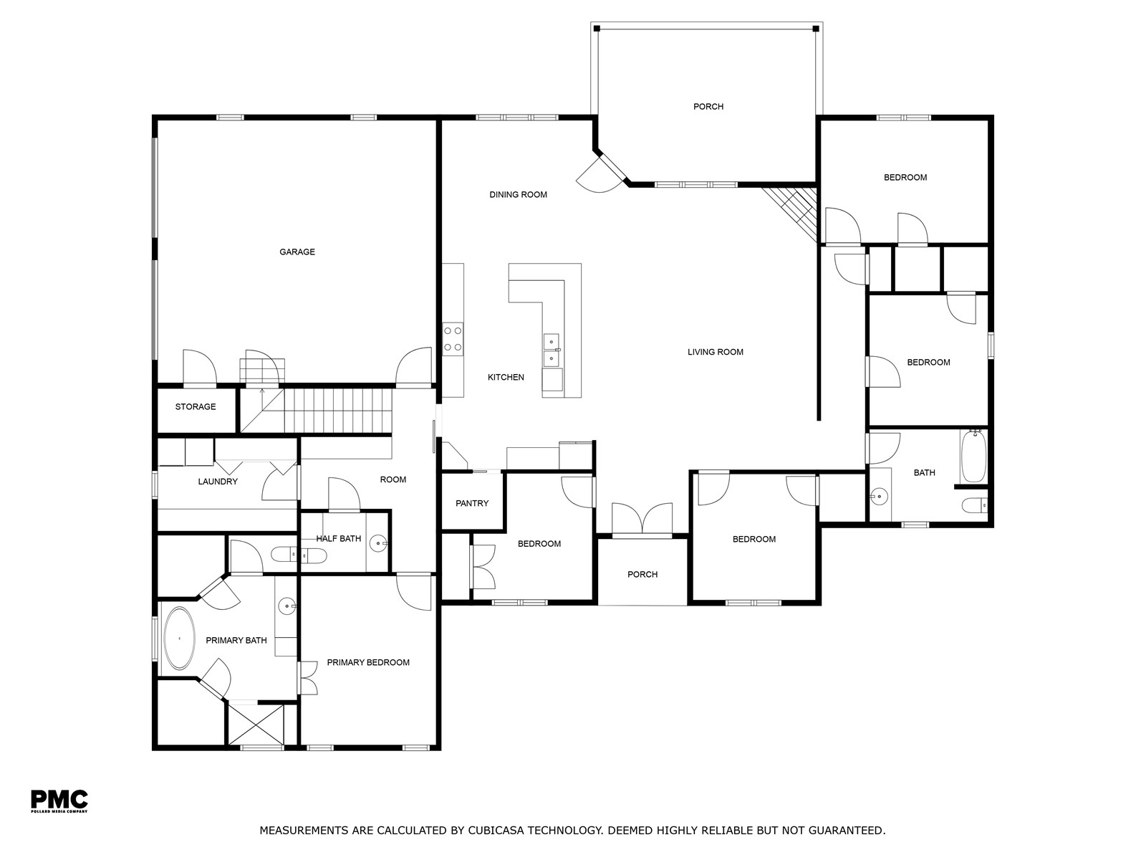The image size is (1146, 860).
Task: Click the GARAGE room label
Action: tap(297, 252)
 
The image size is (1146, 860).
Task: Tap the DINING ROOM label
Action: tap(518, 195)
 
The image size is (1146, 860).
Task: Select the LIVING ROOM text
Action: tap(716, 352)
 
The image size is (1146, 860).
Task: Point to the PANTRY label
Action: tap(472, 503)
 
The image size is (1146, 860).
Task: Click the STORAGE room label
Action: tap(196, 407)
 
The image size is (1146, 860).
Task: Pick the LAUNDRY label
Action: tap(218, 482)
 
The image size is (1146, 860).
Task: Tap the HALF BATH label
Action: tap(338, 538)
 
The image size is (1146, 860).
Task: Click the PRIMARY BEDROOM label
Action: tap(368, 663)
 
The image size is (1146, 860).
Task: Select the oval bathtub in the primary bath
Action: tap(180, 638)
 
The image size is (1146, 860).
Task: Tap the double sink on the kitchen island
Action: tap(551, 351)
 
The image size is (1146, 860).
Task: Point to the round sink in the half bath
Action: tap(378, 543)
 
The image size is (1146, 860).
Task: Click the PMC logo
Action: tap(59, 801)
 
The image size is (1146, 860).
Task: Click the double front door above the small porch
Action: tap(642, 520)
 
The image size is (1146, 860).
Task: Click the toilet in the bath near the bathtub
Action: tap(974, 505)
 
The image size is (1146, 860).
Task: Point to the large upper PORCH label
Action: tap(708, 107)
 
